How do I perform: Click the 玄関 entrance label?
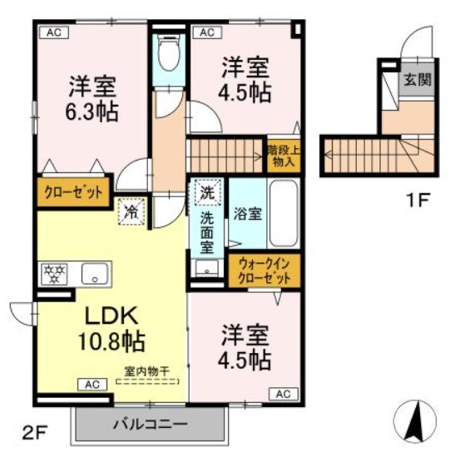tap(418, 81)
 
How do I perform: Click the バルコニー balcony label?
tap(151, 425)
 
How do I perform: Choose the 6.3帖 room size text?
tap(92, 110)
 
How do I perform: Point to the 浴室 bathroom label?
tap(247, 213)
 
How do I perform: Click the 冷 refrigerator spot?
tap(131, 211)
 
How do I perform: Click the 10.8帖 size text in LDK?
tap(112, 340)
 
